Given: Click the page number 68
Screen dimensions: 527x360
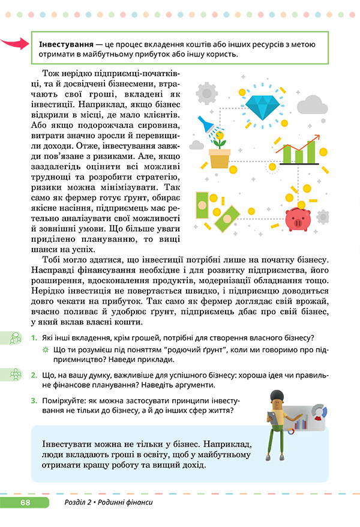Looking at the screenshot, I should [25, 502].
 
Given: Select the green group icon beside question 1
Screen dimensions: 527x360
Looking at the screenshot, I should [12, 338].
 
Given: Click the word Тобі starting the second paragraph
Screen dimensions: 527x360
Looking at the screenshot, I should [52, 259].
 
